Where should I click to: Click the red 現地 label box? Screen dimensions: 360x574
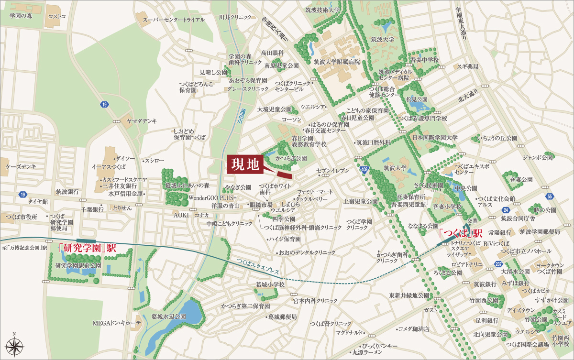tap(245, 165)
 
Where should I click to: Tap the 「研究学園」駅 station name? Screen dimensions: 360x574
tap(87, 248)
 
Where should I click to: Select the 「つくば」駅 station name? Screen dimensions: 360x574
tap(461, 233)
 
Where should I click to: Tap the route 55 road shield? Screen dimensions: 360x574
tap(550, 196)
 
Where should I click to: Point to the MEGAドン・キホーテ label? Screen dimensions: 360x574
tap(117, 324)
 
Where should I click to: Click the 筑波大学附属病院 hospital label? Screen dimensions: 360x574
tap(336, 62)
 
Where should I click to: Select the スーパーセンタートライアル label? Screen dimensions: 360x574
tap(174, 20)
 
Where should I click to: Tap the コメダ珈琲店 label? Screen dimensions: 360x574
tap(414, 329)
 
